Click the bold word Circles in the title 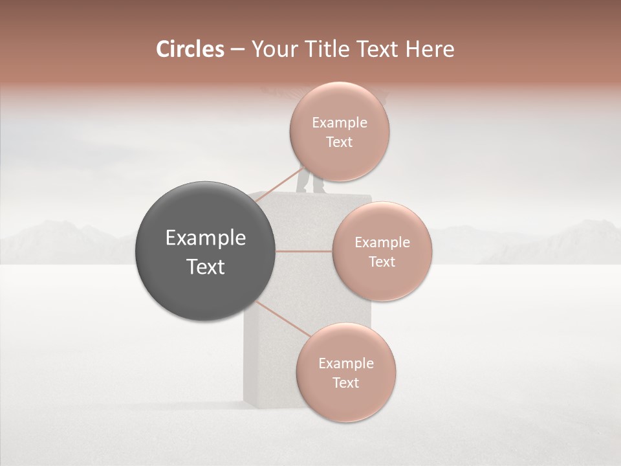190,49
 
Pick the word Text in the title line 384,49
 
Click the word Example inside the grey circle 205,238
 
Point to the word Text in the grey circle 205,267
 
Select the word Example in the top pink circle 339,122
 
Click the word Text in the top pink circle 339,142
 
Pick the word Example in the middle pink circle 382,242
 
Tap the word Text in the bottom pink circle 345,383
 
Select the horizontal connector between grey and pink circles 304,250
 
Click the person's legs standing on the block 310,183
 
